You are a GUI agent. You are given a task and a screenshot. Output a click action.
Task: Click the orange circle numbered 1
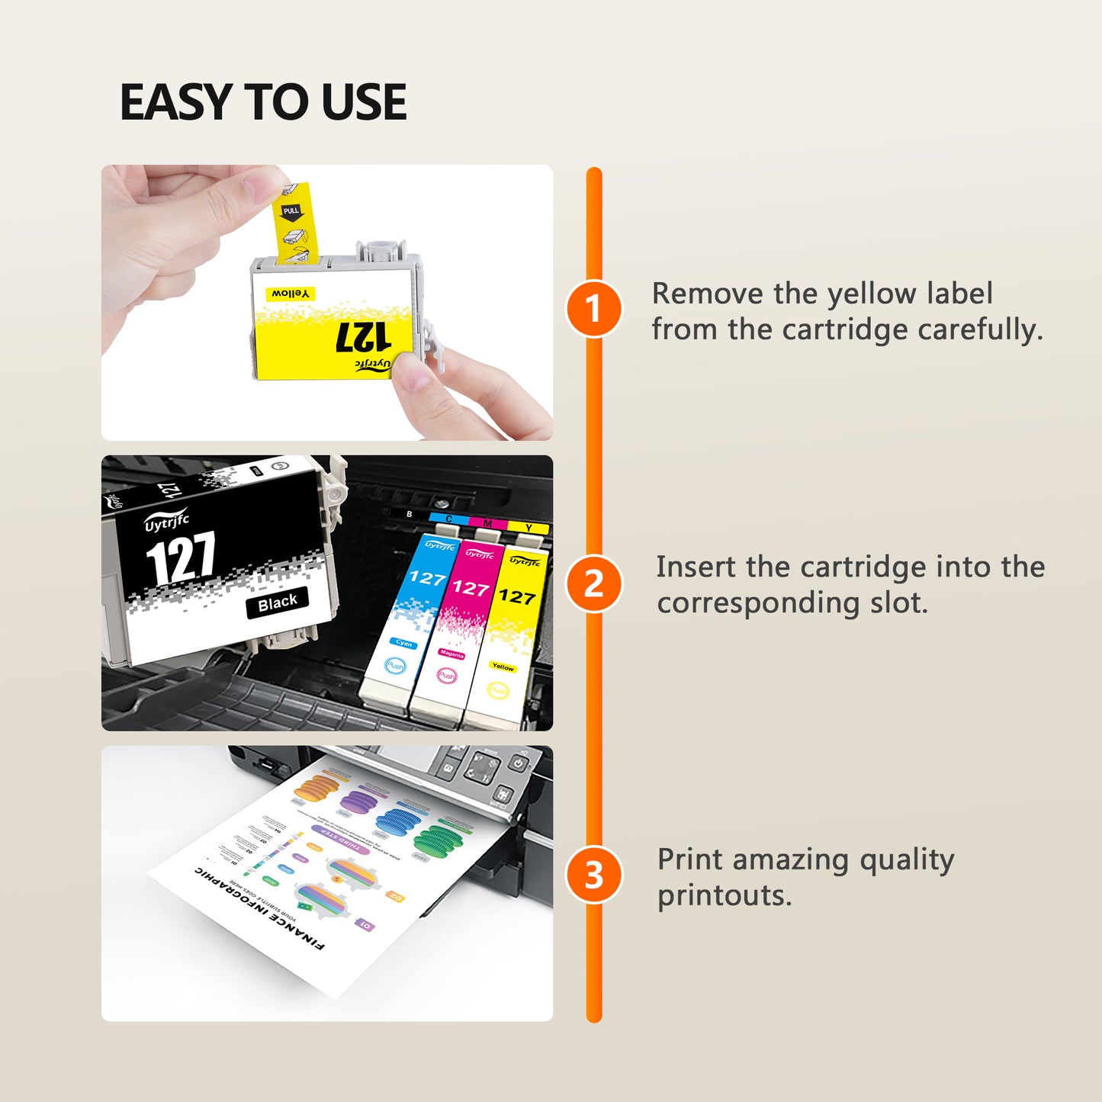pos(593,309)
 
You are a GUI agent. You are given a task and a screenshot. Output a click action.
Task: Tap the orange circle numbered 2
pos(593,584)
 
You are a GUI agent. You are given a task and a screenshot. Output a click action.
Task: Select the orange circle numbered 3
pos(593,875)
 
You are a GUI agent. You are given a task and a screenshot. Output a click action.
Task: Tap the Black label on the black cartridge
pos(278,603)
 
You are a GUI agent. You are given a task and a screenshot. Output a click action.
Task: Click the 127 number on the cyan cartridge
pos(427,578)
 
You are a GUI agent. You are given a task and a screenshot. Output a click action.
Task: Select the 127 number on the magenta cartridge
pos(470,587)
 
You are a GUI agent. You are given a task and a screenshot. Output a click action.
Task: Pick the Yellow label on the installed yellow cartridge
pos(503,667)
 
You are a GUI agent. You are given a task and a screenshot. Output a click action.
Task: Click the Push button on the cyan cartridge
pos(395,666)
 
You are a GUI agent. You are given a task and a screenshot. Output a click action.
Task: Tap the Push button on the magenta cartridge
pos(446,676)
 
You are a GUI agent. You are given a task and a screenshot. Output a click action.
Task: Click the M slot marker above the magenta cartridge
pos(487,523)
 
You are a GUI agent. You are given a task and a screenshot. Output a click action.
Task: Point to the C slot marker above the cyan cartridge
pos(448,519)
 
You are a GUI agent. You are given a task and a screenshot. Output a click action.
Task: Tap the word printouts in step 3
pos(724,895)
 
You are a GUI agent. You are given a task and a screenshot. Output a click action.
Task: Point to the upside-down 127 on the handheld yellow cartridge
pos(364,336)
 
